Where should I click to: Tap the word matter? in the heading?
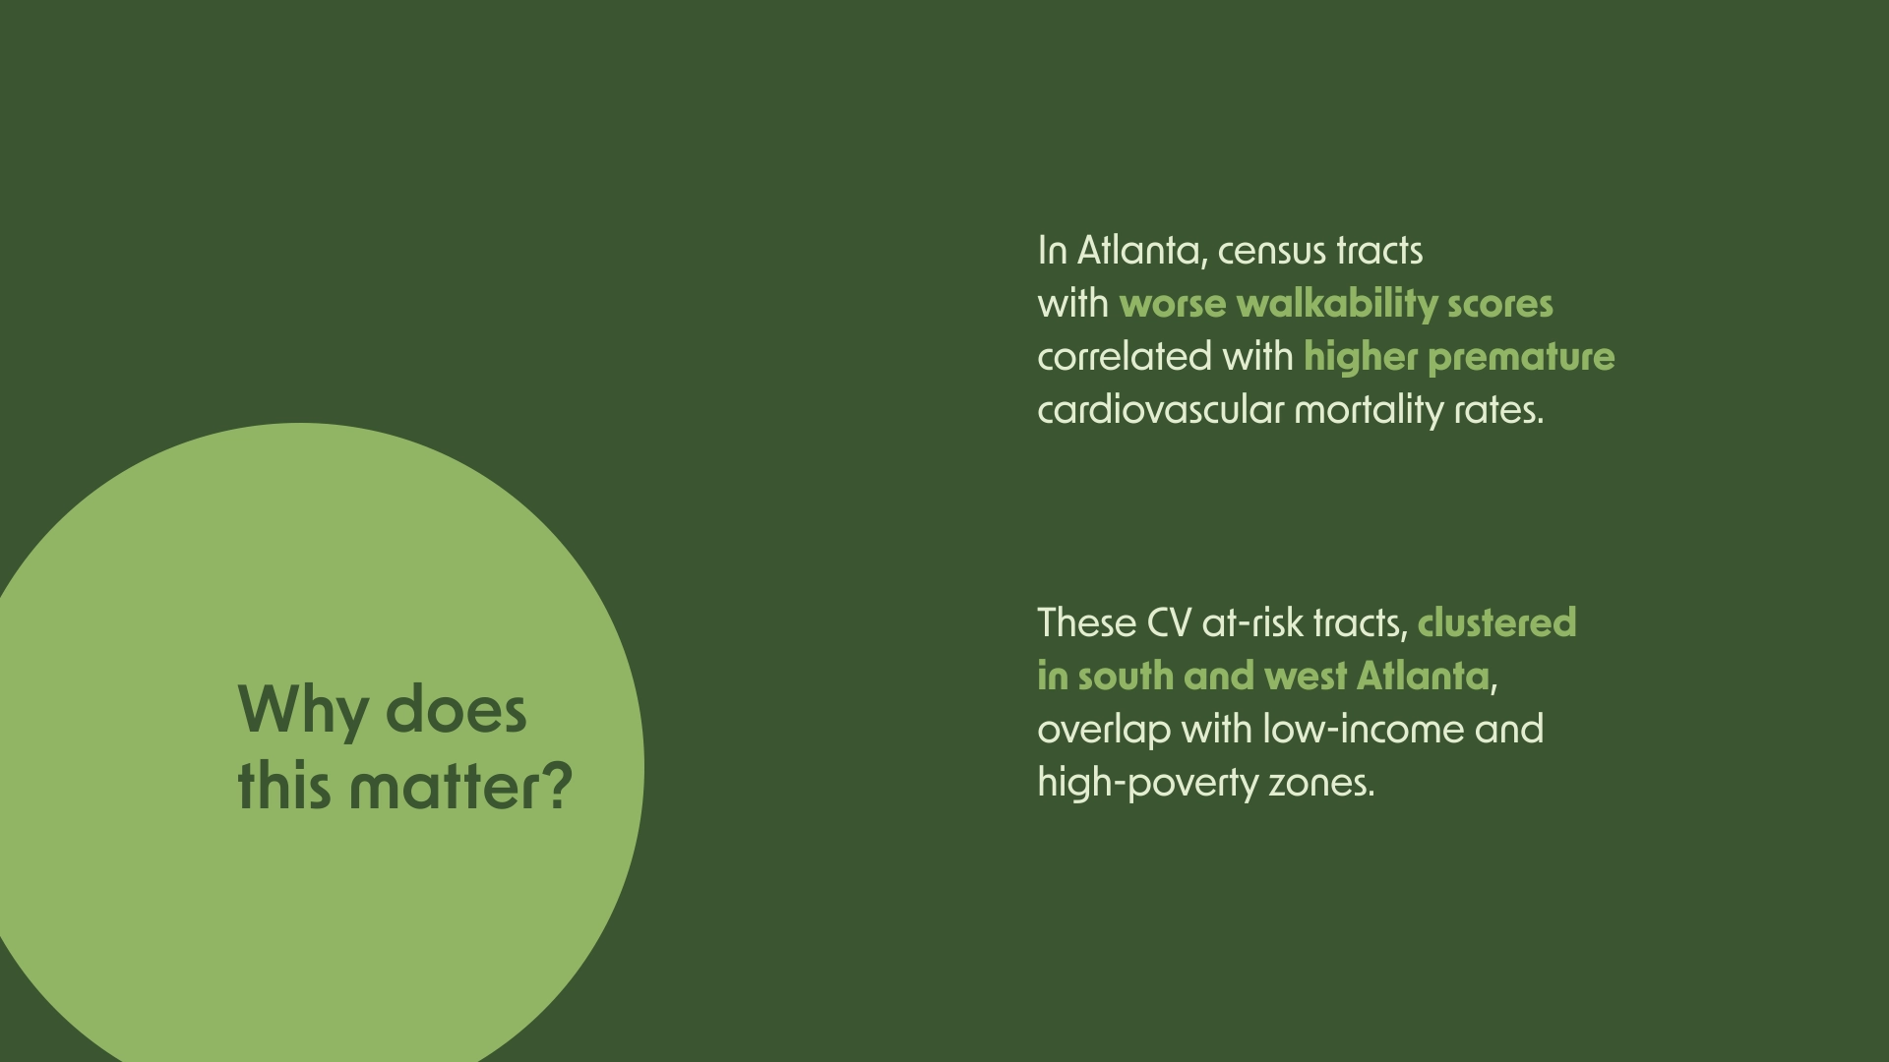[460, 786]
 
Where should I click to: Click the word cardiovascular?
[1161, 409]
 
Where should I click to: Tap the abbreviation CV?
[1169, 623]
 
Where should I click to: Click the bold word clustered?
[1496, 622]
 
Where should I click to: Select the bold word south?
[1126, 677]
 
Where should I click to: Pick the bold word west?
[1306, 678]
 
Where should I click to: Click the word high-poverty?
[1148, 784]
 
